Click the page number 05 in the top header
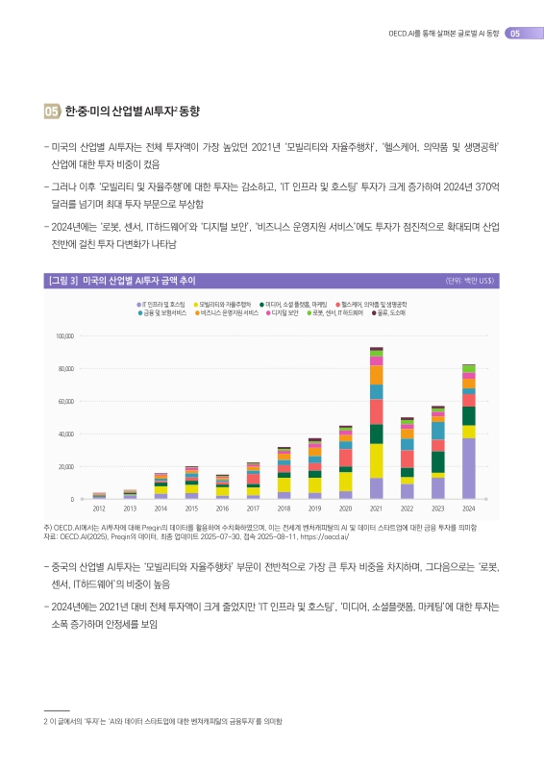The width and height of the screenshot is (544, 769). click(515, 34)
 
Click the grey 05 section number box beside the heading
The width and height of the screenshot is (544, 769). click(51, 112)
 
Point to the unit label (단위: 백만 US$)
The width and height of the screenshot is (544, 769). click(470, 281)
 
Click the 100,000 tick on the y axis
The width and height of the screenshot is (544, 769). click(65, 336)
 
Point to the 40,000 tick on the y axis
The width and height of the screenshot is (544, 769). click(67, 434)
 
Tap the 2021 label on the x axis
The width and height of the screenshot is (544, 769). click(377, 508)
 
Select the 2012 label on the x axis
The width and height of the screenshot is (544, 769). click(99, 508)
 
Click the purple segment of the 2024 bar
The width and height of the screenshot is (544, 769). click(469, 468)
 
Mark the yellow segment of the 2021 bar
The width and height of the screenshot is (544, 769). click(377, 460)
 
